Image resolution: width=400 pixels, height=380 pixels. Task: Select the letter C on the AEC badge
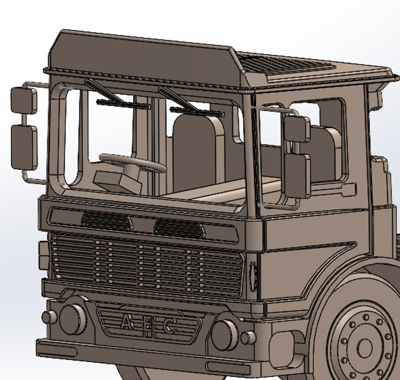click(171, 326)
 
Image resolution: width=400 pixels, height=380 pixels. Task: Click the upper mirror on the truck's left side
click(24, 100)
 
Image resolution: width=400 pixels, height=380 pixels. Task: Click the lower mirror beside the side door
click(297, 175)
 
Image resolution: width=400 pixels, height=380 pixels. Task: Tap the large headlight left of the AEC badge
click(72, 317)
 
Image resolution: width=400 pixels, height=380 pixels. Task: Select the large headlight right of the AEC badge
click(224, 334)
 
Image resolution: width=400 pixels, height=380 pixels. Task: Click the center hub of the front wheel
click(364, 347)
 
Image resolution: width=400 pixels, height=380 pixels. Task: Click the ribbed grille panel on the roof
click(284, 64)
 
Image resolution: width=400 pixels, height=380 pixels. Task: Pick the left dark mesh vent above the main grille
click(106, 219)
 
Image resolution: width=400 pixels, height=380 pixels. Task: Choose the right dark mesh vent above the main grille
click(179, 229)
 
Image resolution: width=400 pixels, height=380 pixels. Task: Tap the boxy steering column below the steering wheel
click(118, 181)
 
